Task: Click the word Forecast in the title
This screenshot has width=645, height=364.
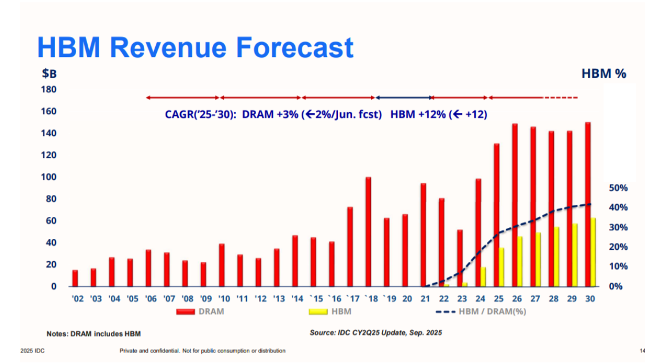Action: coord(283,47)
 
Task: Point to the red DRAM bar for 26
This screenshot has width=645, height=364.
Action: coord(514,205)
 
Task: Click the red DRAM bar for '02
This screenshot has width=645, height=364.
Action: coord(75,278)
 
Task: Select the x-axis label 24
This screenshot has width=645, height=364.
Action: coord(480,298)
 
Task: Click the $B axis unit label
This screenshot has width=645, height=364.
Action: coord(48,74)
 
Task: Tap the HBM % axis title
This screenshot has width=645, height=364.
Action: coord(603,74)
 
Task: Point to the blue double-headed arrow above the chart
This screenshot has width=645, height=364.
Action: coord(404,97)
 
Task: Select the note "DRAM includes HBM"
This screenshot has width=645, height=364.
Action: coord(93,333)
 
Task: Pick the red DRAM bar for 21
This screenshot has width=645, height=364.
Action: coord(423,235)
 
